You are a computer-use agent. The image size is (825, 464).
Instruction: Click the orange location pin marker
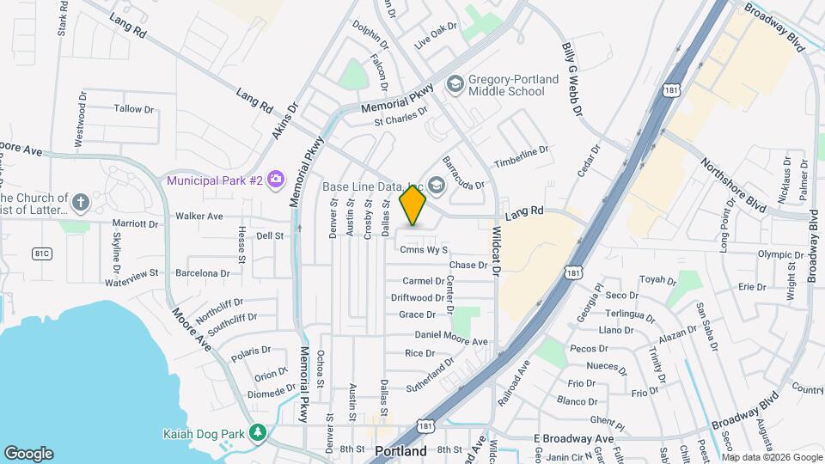[x=413, y=205]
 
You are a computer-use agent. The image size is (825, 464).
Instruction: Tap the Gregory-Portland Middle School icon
[x=454, y=84]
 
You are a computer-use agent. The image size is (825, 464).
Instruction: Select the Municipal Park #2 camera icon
[x=276, y=180]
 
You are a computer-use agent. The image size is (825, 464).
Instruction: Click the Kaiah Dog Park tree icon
[x=256, y=433]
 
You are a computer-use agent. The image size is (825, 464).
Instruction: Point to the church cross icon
[x=81, y=203]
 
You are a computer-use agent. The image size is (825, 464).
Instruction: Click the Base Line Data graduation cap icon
[x=437, y=186]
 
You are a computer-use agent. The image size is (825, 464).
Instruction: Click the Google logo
[x=28, y=453]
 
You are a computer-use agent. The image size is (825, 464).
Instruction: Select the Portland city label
[x=401, y=451]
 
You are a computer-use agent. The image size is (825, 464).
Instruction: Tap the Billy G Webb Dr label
[x=572, y=82]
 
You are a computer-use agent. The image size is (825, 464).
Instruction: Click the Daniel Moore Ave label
[x=451, y=338]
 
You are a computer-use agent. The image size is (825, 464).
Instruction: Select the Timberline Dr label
[x=521, y=156]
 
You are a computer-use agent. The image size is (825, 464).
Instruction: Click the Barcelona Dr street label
[x=202, y=273]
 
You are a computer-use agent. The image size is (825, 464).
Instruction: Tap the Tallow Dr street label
[x=134, y=109]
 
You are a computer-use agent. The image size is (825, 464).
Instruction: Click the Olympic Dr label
[x=780, y=254]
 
